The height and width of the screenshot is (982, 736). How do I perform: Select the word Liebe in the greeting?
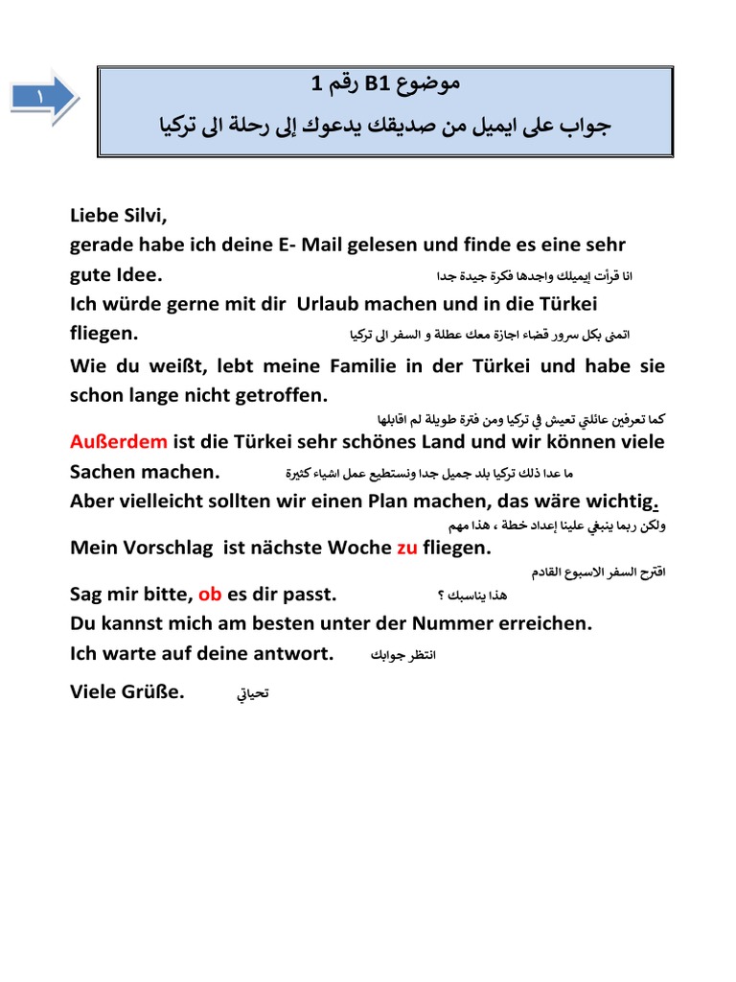pos(96,216)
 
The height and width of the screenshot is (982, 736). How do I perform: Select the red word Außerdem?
pos(119,442)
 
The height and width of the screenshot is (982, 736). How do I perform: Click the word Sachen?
pos(103,472)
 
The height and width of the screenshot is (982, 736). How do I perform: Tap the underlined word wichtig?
pos(623,502)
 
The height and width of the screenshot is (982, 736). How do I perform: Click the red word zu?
pos(406,548)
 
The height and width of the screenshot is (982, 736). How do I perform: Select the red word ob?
pos(210,595)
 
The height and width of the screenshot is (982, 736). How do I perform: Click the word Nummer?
pos(472,624)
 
